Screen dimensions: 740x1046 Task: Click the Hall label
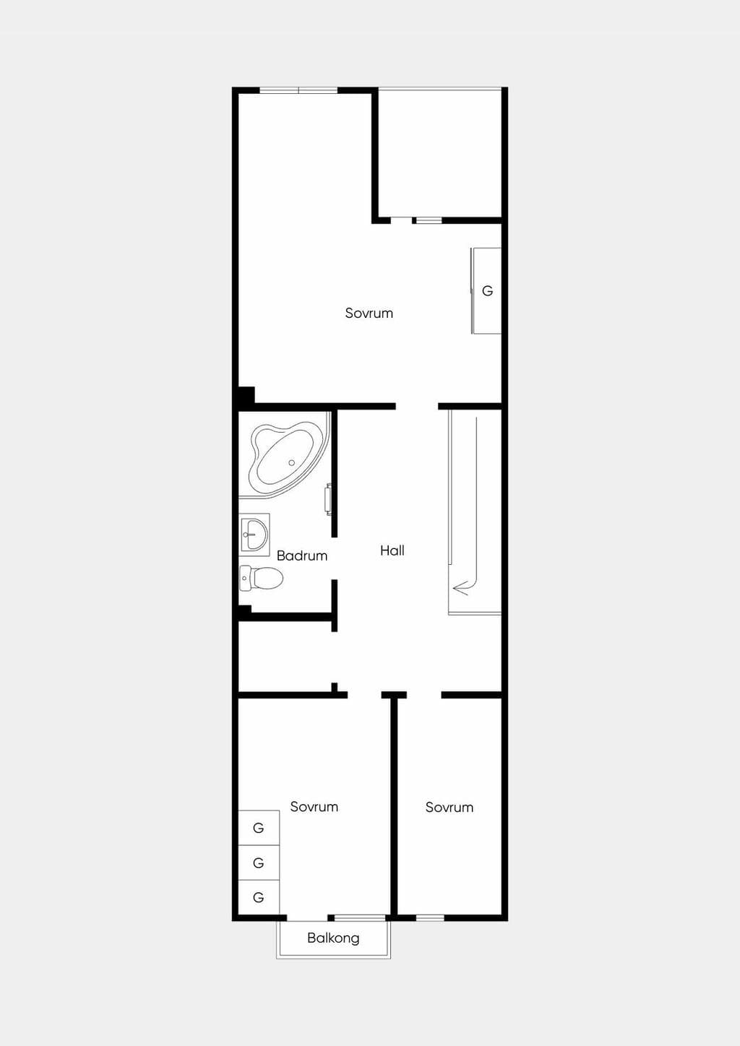pos(392,550)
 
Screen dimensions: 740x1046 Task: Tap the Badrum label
pos(302,556)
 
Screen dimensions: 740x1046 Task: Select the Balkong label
pos(333,938)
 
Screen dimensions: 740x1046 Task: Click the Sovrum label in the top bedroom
pos(369,313)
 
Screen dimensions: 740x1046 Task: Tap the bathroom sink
pos(254,535)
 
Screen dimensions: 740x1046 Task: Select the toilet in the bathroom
pos(261,578)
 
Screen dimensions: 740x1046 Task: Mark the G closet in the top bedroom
pos(486,291)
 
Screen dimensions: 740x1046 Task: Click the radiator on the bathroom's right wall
pos(329,499)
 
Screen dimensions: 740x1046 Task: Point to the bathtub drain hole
pos(291,463)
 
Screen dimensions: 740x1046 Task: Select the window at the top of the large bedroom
pos(298,90)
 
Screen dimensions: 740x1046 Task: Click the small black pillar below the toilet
pos(244,610)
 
